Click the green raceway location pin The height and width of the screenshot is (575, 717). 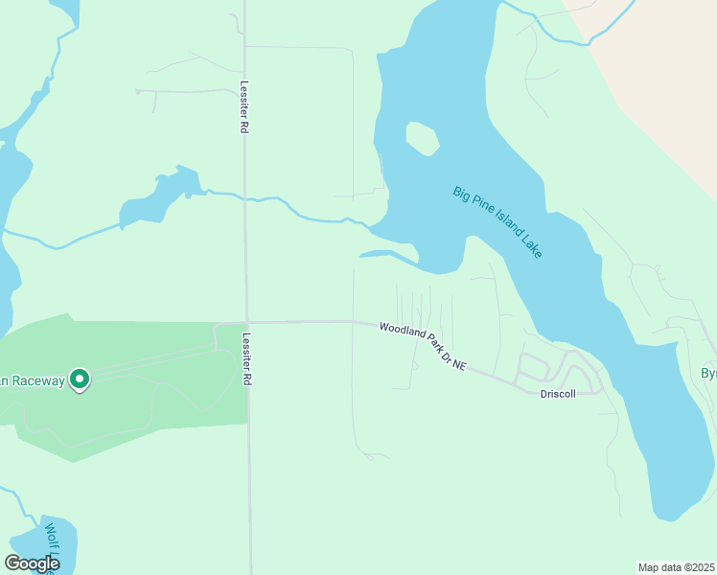pyautogui.click(x=81, y=380)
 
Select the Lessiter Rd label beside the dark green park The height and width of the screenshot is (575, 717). pyautogui.click(x=247, y=359)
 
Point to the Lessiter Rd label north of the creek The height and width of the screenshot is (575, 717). pyautogui.click(x=245, y=106)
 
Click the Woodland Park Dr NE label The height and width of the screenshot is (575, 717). pyautogui.click(x=422, y=346)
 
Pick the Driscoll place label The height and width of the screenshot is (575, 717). pyautogui.click(x=558, y=394)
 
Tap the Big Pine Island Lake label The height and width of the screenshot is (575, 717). pyautogui.click(x=497, y=221)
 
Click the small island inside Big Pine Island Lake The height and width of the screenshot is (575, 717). pyautogui.click(x=422, y=140)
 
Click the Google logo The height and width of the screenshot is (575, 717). pyautogui.click(x=32, y=563)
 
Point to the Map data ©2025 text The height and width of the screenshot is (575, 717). pyautogui.click(x=676, y=567)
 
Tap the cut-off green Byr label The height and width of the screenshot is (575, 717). pyautogui.click(x=708, y=374)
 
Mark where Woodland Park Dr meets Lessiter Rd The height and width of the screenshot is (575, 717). pyautogui.click(x=247, y=322)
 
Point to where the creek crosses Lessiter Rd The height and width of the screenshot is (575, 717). pyautogui.click(x=246, y=200)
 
